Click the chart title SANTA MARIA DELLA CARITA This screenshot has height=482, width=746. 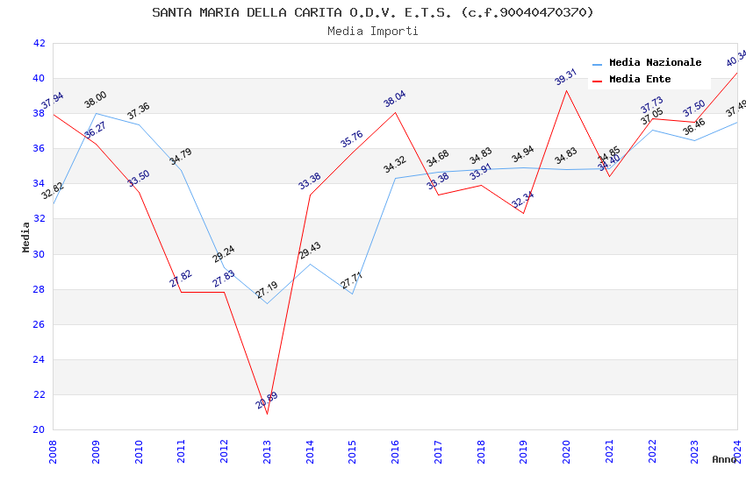point(372,12)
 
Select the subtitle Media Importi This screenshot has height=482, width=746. point(372,31)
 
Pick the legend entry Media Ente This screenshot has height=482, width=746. point(640,79)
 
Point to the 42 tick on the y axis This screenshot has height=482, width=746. point(38,43)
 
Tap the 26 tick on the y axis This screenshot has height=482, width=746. point(38,324)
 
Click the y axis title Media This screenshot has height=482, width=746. point(26,237)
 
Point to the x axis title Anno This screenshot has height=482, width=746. point(724,459)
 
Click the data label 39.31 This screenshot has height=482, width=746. point(565,77)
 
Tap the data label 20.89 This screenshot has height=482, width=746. point(267,400)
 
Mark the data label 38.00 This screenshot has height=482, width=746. point(95,99)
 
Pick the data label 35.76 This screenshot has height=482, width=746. point(351,138)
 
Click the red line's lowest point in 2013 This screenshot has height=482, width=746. point(267,414)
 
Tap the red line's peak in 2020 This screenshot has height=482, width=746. point(566,90)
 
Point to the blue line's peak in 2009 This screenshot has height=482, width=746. point(96,113)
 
